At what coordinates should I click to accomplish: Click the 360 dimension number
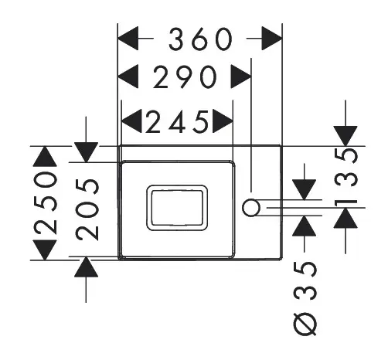tap(200, 39)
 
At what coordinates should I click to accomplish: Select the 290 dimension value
tap(185, 77)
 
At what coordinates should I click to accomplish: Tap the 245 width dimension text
tap(177, 121)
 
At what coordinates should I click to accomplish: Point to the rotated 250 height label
tap(46, 203)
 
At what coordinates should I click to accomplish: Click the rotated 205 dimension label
tap(87, 209)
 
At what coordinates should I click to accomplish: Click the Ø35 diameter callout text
tap(305, 298)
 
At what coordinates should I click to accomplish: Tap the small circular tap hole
tap(251, 208)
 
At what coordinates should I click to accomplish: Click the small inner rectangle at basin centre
tap(177, 207)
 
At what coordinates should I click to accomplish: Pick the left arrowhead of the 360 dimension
tap(128, 39)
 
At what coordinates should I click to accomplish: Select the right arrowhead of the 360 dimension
tap(272, 39)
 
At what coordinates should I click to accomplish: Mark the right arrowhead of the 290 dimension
tap(241, 76)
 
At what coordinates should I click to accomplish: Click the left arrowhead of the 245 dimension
tap(131, 121)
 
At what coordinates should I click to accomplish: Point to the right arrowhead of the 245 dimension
tap(223, 121)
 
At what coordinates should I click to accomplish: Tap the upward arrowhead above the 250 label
tap(45, 156)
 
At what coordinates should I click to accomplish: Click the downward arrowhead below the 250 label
tap(45, 250)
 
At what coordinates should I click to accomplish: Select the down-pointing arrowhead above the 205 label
tap(86, 152)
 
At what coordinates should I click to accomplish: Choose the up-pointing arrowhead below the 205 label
tap(86, 267)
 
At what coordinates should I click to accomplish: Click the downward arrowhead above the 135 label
tap(345, 136)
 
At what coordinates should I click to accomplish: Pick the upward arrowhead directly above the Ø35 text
tap(305, 226)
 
